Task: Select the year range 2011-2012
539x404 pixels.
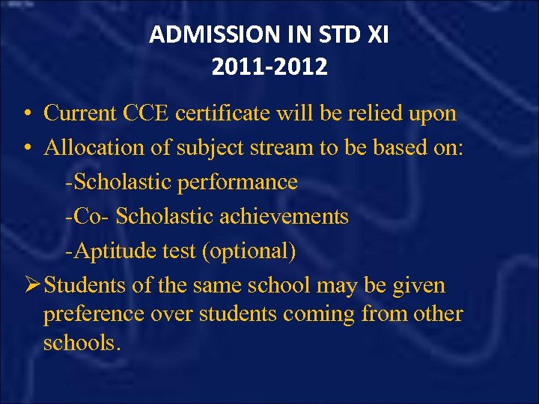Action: pos(269,67)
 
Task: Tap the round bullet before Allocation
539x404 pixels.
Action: pos(26,148)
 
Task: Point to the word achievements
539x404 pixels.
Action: pos(285,217)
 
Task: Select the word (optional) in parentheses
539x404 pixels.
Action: pos(248,251)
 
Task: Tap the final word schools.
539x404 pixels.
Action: pos(82,343)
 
